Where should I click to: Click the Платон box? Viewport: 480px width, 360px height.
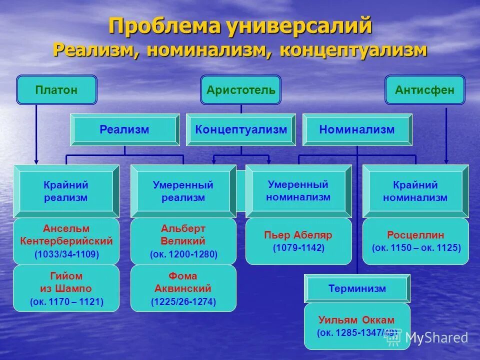click(x=56, y=90)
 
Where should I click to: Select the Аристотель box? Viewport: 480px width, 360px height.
click(x=240, y=90)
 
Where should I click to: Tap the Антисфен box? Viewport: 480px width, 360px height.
click(x=424, y=90)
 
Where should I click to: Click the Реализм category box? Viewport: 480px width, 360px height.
click(x=124, y=130)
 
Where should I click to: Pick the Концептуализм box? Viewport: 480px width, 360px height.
click(x=241, y=130)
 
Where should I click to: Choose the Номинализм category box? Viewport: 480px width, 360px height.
click(x=357, y=130)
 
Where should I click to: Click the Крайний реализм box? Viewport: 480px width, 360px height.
click(x=65, y=191)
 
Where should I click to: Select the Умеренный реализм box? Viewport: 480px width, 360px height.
click(x=183, y=191)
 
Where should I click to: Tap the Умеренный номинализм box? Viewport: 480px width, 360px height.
click(x=298, y=190)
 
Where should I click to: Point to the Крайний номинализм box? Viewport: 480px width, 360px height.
click(x=415, y=191)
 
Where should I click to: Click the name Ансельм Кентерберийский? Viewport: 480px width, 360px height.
click(x=66, y=235)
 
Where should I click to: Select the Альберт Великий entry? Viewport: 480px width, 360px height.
click(x=183, y=235)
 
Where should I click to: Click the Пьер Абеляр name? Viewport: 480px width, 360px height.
click(x=298, y=235)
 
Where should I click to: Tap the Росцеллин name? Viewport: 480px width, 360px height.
click(x=415, y=235)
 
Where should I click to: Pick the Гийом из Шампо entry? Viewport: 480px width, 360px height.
click(x=66, y=282)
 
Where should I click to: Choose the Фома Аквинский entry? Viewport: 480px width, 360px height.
click(x=183, y=282)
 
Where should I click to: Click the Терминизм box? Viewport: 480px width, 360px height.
click(x=357, y=288)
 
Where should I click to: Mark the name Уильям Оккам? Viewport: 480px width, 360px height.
click(x=356, y=320)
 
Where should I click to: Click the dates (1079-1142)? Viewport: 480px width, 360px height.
click(x=298, y=248)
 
